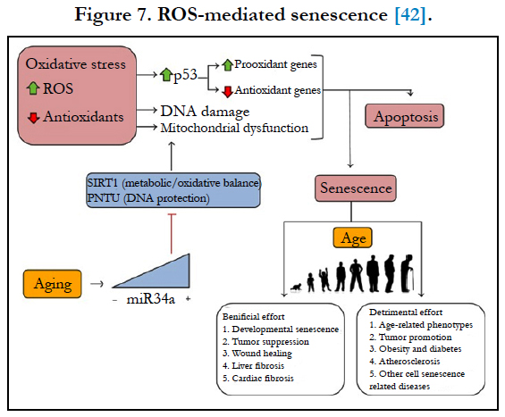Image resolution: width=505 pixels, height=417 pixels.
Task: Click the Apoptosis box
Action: tap(405, 116)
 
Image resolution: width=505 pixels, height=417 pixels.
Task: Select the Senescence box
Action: tap(356, 188)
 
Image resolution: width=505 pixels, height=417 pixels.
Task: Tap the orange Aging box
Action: tap(52, 284)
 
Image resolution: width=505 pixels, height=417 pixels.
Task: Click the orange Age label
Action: tap(353, 238)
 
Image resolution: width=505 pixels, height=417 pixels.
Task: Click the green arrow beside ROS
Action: tap(33, 88)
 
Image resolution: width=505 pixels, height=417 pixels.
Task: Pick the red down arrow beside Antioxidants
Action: tap(33, 118)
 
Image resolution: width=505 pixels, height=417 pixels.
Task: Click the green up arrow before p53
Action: tap(166, 75)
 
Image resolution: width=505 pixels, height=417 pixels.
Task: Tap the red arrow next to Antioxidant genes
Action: tap(227, 92)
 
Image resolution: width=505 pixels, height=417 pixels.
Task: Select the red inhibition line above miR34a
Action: tap(172, 234)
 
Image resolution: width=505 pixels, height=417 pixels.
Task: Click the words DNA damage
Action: tap(205, 112)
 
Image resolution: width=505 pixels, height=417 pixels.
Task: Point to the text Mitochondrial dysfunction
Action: tap(234, 128)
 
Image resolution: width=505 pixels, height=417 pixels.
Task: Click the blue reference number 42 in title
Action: tap(410, 15)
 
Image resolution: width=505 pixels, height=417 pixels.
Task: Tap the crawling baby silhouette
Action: tap(297, 287)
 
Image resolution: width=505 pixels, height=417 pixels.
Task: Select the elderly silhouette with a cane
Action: tap(408, 273)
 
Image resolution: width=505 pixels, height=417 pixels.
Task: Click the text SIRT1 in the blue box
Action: tap(103, 183)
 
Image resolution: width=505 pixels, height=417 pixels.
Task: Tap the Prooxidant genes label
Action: tap(275, 64)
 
